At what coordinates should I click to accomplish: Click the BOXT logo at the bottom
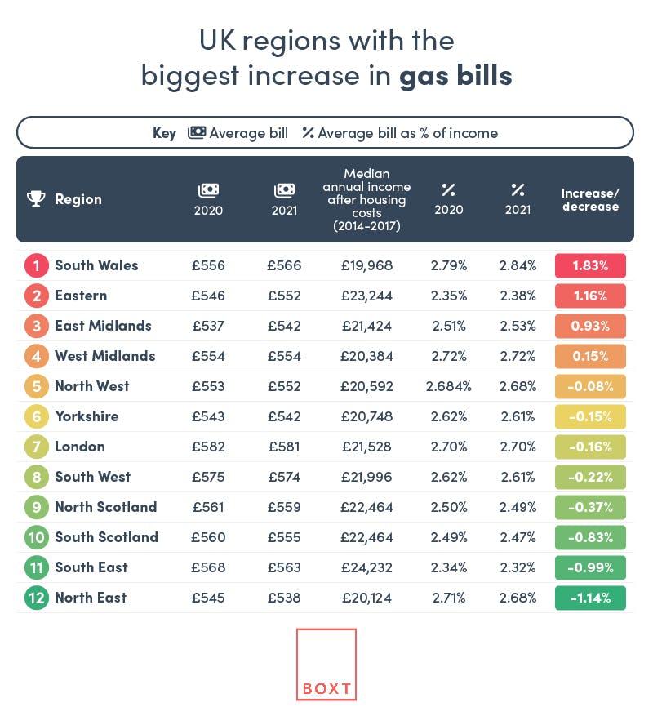coord(326,665)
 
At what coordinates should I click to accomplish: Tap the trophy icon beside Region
coord(36,199)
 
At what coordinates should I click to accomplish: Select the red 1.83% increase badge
coord(590,265)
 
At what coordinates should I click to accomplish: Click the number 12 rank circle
coord(36,598)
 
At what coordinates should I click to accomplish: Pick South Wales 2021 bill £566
coord(284,265)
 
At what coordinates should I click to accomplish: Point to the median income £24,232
coord(367,567)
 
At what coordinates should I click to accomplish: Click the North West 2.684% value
coord(448,386)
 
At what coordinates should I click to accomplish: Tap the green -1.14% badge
coord(590,598)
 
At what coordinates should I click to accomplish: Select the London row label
coord(80,447)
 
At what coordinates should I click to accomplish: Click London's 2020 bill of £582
coord(208,447)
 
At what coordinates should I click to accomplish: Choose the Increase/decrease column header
coord(590,199)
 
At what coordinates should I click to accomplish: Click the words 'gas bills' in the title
coord(455,75)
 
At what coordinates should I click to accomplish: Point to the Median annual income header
coord(366,199)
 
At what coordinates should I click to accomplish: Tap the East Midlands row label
coord(103,326)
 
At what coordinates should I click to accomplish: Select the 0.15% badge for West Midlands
coord(590,356)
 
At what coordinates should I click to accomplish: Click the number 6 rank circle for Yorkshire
coord(36,416)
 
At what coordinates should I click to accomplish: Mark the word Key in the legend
coord(164,133)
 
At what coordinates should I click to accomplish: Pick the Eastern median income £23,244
coord(367,296)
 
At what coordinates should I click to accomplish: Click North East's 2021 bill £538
coord(284,598)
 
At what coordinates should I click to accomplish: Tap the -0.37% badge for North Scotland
coord(590,507)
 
